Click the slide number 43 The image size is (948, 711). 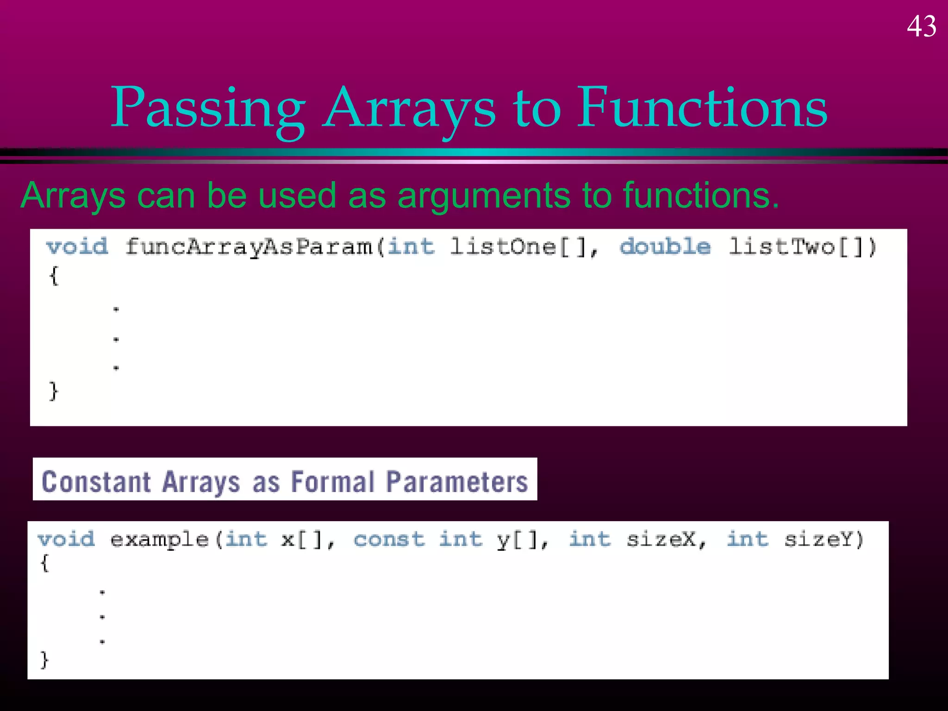tap(921, 26)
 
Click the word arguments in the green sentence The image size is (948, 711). tap(484, 195)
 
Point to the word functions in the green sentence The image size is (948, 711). tap(701, 195)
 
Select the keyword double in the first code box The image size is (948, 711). tap(665, 246)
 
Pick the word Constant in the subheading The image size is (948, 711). tap(96, 482)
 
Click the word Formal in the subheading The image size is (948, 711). tap(332, 482)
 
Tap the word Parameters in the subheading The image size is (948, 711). tap(457, 482)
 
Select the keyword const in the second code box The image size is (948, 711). tap(389, 539)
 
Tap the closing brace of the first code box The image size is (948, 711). tap(54, 391)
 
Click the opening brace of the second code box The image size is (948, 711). tap(44, 564)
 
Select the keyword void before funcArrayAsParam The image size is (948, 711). tap(77, 246)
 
